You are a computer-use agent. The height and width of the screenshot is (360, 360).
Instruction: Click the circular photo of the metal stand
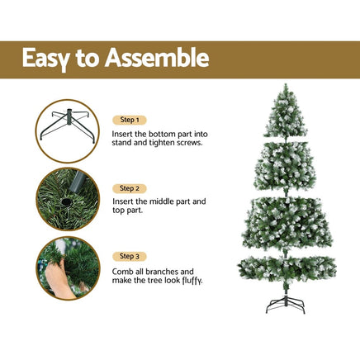[68, 130]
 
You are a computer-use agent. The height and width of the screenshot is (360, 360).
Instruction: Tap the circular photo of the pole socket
[68, 200]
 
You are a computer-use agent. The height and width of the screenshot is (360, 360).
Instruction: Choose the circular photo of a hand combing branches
[68, 268]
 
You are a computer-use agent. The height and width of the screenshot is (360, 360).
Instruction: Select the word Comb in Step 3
[123, 271]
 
